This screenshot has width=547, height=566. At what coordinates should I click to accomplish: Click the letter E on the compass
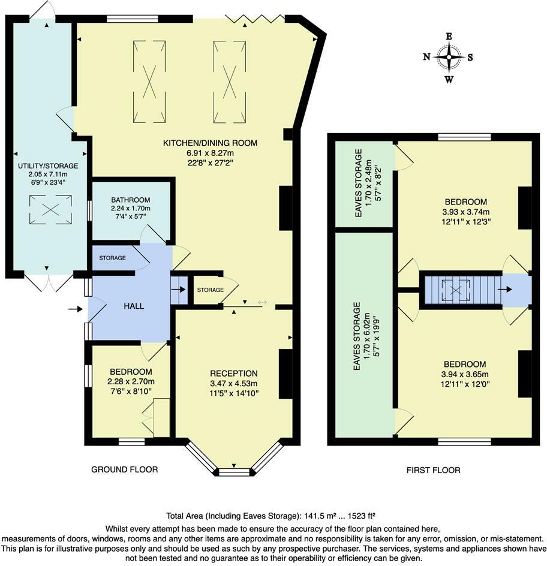449,37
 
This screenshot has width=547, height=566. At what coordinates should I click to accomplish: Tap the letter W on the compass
449,80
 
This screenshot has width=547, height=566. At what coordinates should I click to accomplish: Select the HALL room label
134,306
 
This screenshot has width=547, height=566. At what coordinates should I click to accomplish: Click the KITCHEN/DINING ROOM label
211,143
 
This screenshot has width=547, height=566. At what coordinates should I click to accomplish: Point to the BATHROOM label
131,200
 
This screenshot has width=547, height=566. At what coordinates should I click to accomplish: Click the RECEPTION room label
234,374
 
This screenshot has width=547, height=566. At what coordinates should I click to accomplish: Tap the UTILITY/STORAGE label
48,166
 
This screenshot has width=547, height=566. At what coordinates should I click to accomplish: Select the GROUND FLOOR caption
125,469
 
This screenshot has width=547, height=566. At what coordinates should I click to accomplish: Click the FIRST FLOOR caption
433,470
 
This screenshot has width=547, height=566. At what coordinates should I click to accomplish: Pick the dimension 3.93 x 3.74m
466,212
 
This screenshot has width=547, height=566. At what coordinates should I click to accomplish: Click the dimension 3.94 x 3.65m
465,374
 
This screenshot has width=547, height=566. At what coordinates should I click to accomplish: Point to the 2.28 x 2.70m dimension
131,381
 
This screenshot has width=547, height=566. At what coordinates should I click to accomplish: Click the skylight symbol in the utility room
50,209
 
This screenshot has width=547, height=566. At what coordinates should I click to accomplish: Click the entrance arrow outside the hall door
75,309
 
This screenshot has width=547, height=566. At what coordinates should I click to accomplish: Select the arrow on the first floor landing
505,289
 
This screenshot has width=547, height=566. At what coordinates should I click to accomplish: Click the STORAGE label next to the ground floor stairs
210,290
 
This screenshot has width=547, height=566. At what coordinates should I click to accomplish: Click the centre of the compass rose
449,57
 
